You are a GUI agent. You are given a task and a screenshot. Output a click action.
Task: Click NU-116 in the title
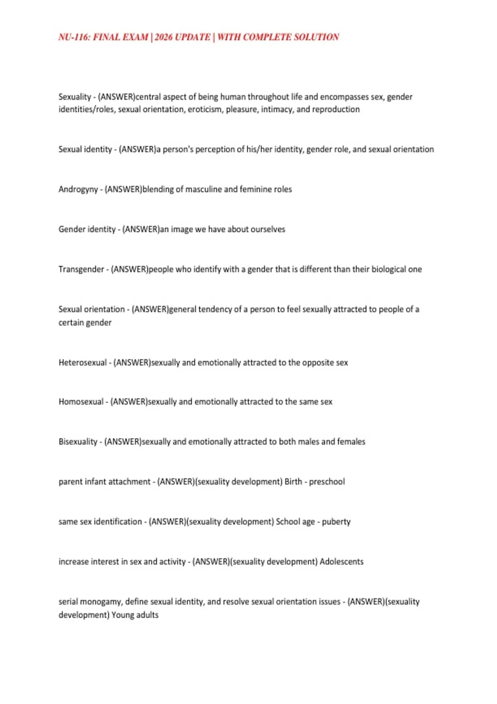(74, 37)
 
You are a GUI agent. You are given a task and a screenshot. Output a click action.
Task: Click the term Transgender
(81, 269)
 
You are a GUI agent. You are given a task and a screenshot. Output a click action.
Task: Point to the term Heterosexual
(83, 363)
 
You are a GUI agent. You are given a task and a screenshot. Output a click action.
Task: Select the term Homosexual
(81, 402)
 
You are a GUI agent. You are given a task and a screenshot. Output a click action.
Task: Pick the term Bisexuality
(78, 442)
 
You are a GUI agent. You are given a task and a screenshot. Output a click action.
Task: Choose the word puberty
(336, 522)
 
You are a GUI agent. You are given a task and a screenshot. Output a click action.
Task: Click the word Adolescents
(342, 562)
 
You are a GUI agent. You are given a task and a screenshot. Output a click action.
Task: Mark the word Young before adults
(123, 615)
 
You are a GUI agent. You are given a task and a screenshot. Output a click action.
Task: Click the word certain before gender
(71, 323)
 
